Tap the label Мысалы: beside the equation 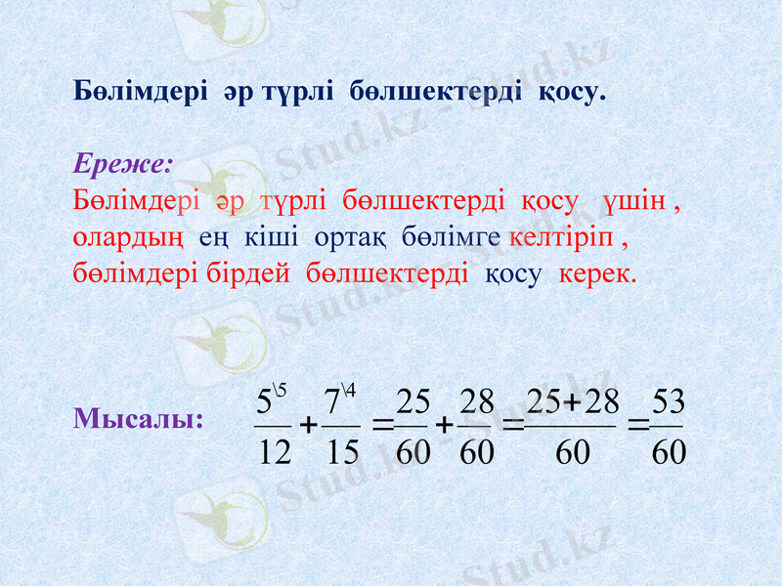(x=139, y=419)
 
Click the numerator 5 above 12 (x=263, y=401)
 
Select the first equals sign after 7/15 (x=382, y=426)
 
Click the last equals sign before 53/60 (x=636, y=426)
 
